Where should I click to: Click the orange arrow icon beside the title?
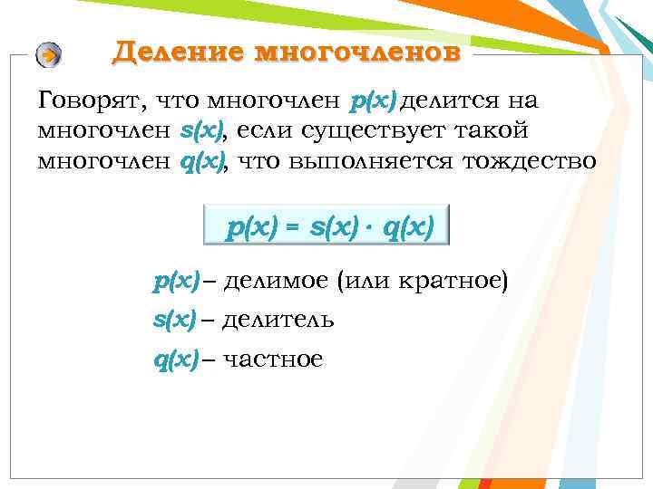point(49,56)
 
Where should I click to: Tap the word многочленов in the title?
point(357,52)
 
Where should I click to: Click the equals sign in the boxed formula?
point(292,229)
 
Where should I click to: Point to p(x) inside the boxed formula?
point(253,229)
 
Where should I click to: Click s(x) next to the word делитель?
point(174,321)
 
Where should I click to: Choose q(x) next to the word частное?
point(175,360)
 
